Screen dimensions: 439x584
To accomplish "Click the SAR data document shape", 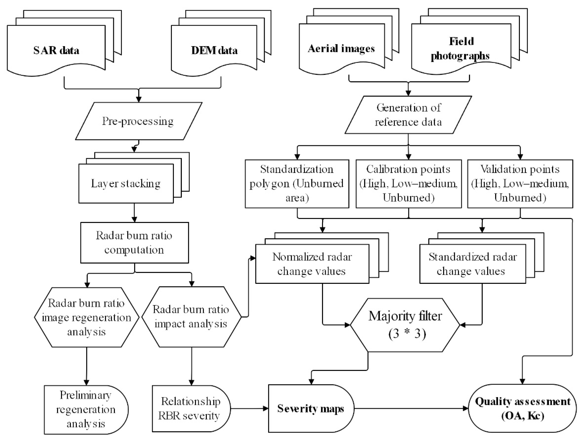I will click(x=56, y=50).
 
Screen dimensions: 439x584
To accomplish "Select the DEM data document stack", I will click(x=214, y=50).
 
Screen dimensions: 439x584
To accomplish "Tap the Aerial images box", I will click(x=341, y=49).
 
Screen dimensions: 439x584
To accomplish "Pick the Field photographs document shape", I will click(x=461, y=49).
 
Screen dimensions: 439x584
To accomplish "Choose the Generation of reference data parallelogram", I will click(x=408, y=115).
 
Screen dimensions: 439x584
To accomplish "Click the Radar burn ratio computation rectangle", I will click(x=134, y=243).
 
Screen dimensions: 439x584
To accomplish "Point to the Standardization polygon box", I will click(x=297, y=184).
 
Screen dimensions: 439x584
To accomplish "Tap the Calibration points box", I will click(x=408, y=184).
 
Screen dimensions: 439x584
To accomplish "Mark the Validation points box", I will click(x=520, y=184).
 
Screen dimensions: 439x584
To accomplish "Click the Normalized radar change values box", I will click(x=312, y=264).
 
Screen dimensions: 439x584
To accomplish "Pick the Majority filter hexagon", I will click(x=405, y=325).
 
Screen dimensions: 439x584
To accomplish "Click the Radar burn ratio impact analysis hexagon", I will click(x=191, y=317).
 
